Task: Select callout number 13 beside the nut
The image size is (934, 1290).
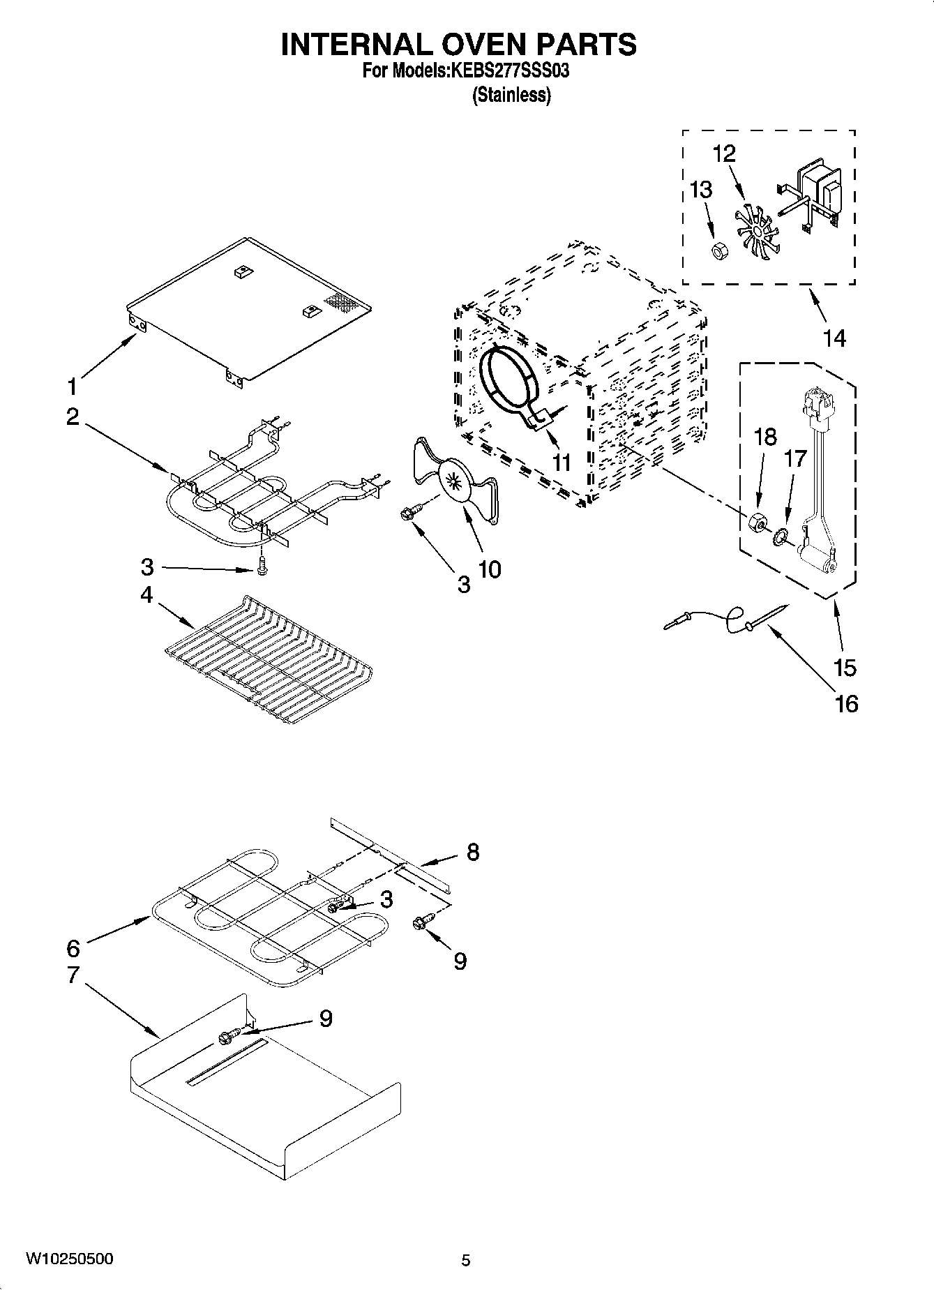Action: [700, 189]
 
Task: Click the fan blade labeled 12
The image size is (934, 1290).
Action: [753, 230]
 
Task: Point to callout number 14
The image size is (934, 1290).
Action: [834, 338]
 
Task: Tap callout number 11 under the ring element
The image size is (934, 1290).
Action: [561, 462]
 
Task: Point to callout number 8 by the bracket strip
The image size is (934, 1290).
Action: [472, 852]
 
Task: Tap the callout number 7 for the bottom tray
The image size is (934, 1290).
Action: [73, 975]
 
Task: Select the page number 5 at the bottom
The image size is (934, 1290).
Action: [466, 1260]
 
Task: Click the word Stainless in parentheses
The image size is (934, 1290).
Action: [511, 95]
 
